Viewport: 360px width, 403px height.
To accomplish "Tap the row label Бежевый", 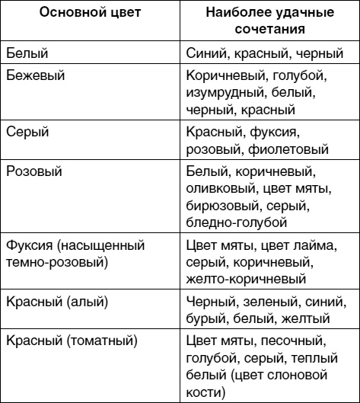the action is click(35, 77).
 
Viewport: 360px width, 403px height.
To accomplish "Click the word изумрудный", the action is click(225, 94).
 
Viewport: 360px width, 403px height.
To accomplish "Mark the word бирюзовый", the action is click(221, 206).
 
